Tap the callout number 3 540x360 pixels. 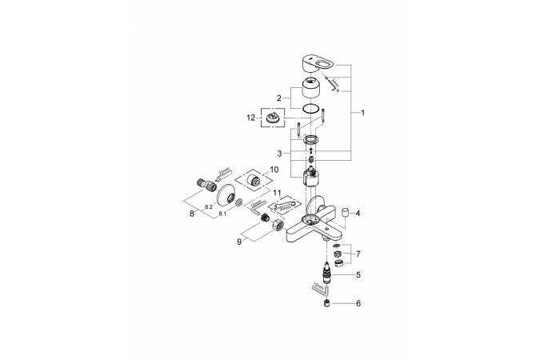pos(279,153)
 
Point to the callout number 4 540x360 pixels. pos(358,214)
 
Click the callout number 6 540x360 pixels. pos(358,303)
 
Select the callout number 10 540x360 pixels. pos(274,170)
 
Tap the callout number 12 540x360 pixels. pos(251,117)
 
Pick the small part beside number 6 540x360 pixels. pos(325,303)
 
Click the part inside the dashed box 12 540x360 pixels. pos(276,118)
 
